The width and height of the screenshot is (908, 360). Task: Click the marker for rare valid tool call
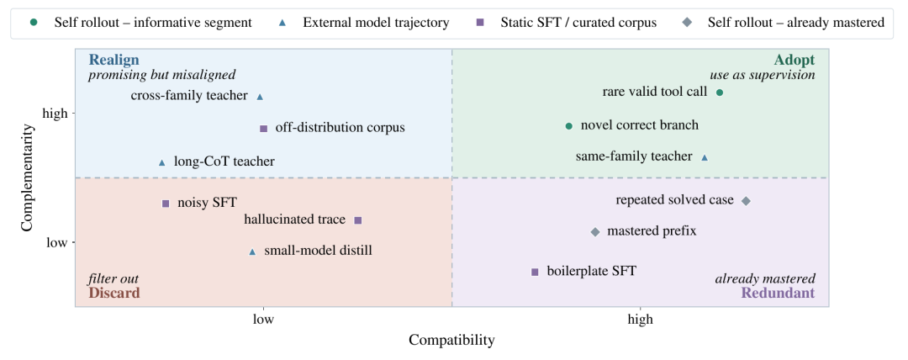(x=720, y=93)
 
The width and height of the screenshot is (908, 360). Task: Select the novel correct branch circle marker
(x=568, y=126)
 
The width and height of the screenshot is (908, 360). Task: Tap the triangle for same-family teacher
(x=705, y=157)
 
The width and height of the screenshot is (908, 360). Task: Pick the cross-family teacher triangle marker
(x=260, y=97)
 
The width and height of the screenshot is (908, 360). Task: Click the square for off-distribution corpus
(x=263, y=129)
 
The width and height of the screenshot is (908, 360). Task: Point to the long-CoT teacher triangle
(x=162, y=163)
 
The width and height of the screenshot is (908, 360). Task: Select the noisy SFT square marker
(x=166, y=204)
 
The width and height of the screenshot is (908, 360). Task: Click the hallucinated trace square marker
(x=358, y=220)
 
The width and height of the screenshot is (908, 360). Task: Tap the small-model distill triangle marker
(x=252, y=251)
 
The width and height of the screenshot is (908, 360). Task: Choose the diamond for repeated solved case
(x=746, y=201)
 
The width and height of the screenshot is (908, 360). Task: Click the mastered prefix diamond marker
(x=595, y=232)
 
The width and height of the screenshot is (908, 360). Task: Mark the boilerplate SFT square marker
(x=535, y=272)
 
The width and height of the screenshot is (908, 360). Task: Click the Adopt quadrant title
(x=794, y=61)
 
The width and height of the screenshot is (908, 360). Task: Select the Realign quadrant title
(x=114, y=60)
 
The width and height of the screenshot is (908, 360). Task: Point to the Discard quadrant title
(x=114, y=294)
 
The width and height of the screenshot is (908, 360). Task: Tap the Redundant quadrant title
(x=779, y=294)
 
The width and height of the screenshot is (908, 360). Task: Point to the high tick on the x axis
(x=640, y=319)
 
